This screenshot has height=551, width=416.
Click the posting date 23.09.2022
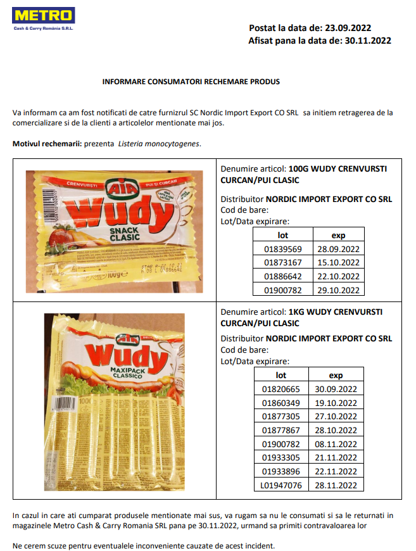click(x=348, y=28)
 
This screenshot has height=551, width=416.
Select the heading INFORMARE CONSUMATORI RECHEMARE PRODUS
click(x=191, y=82)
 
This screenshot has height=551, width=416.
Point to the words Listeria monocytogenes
click(x=159, y=144)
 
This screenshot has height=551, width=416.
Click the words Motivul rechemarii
click(x=47, y=144)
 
